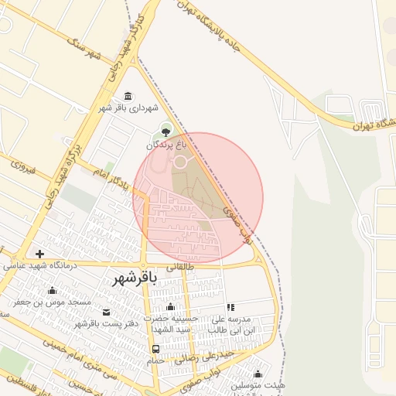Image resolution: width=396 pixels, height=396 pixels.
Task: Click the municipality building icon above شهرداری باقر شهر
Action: tap(127, 96)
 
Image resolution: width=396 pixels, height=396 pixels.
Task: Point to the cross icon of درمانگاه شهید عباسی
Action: tap(39, 254)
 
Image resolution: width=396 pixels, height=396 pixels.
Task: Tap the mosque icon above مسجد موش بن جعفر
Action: tap(52, 291)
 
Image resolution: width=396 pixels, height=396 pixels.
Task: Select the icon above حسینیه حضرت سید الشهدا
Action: tap(170, 307)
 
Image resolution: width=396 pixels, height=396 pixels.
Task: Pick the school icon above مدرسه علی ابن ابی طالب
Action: tap(230, 307)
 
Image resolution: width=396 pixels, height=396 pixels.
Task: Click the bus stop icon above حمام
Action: tap(156, 348)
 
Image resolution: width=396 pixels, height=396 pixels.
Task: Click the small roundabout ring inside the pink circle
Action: tap(180, 162)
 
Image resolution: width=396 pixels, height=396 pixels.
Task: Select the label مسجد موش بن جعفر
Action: tap(57, 302)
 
